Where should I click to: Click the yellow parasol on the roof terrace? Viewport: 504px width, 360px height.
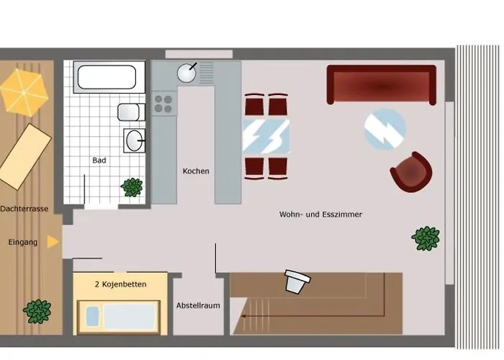tap(24, 93)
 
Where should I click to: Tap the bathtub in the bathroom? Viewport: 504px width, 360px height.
tap(107, 77)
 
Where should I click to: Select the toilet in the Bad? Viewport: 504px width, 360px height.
tap(131, 112)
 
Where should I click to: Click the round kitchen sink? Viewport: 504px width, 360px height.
tap(186, 73)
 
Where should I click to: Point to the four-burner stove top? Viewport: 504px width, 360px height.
tap(164, 104)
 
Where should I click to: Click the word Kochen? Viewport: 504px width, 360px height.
tap(196, 171)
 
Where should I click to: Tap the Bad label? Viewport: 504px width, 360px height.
tap(99, 160)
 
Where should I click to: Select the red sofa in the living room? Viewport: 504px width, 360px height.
tap(382, 84)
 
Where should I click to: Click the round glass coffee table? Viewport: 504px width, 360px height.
tap(385, 129)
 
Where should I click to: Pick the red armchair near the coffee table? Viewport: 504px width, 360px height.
tap(411, 173)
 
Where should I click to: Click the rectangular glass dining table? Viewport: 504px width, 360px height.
tap(266, 136)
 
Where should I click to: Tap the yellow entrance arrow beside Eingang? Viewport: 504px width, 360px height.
tap(53, 242)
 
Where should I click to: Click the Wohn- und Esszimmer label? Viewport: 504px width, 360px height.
tap(320, 215)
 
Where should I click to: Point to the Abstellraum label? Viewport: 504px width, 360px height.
tap(198, 305)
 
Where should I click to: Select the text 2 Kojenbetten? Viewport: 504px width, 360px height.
tap(120, 284)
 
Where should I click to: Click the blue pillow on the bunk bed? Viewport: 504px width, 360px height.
tap(93, 315)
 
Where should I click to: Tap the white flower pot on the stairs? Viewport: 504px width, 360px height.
tap(297, 282)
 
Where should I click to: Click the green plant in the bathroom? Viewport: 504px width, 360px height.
tap(132, 187)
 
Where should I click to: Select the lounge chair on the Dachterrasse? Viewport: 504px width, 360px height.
tap(24, 156)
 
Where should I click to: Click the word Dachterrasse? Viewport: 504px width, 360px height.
tap(24, 209)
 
